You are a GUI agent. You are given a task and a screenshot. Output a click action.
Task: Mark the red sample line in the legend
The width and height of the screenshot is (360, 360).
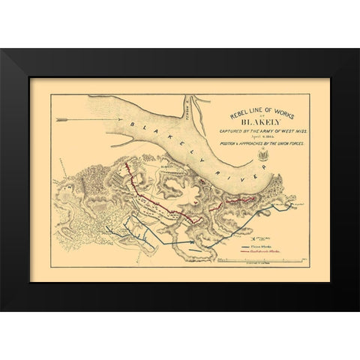[247, 252]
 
